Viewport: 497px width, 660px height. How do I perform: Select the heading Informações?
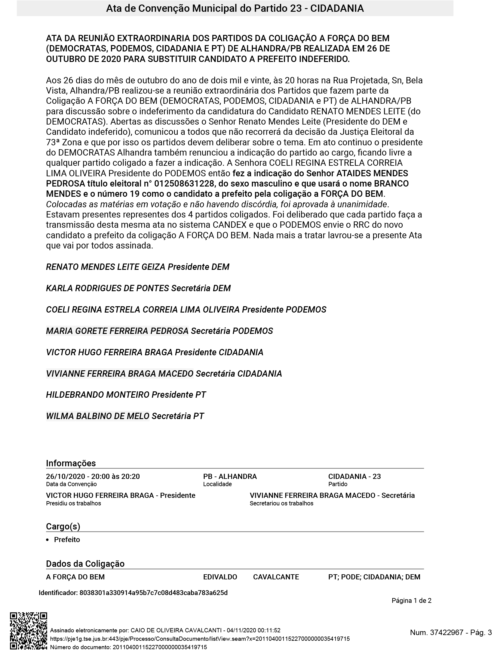[x=71, y=463]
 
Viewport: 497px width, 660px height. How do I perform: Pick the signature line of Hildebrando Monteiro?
[x=126, y=395]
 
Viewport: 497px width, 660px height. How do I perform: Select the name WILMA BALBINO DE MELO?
[x=97, y=416]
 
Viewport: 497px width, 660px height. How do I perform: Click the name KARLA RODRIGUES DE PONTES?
[x=107, y=288]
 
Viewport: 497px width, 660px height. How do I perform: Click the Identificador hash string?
[x=153, y=593]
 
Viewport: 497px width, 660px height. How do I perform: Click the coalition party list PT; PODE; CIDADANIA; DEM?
[x=374, y=577]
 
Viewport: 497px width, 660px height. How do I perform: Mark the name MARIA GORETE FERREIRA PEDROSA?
[x=117, y=331]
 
